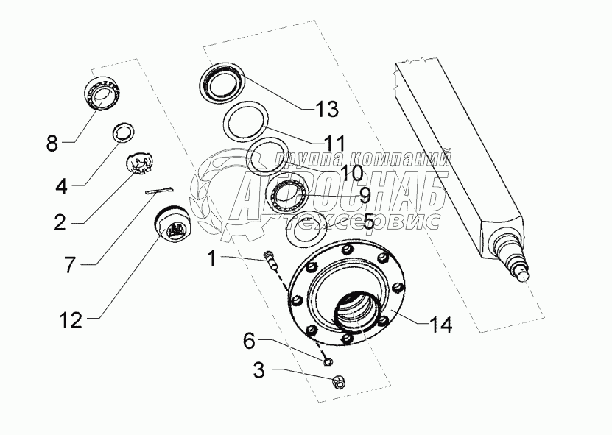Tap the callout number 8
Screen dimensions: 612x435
[52, 143]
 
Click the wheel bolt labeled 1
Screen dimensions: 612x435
[271, 260]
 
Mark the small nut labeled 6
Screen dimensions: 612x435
[328, 360]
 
